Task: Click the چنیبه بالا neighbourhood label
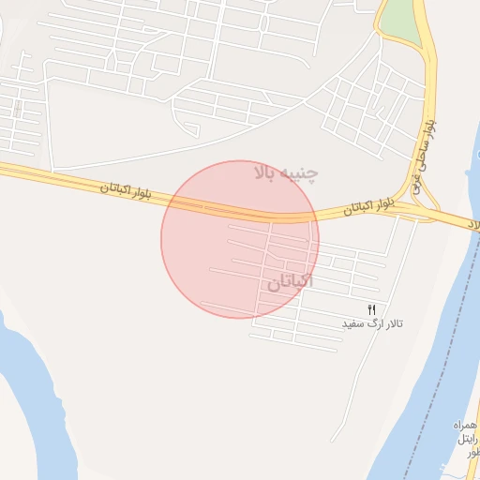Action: pyautogui.click(x=286, y=172)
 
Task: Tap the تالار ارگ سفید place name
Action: pyautogui.click(x=372, y=323)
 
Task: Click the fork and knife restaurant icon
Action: pyautogui.click(x=372, y=309)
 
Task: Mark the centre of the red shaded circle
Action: pyautogui.click(x=240, y=239)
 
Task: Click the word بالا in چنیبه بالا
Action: pyautogui.click(x=267, y=172)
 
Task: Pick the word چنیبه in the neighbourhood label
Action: pyautogui.click(x=302, y=173)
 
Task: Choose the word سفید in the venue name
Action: pyautogui.click(x=351, y=323)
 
